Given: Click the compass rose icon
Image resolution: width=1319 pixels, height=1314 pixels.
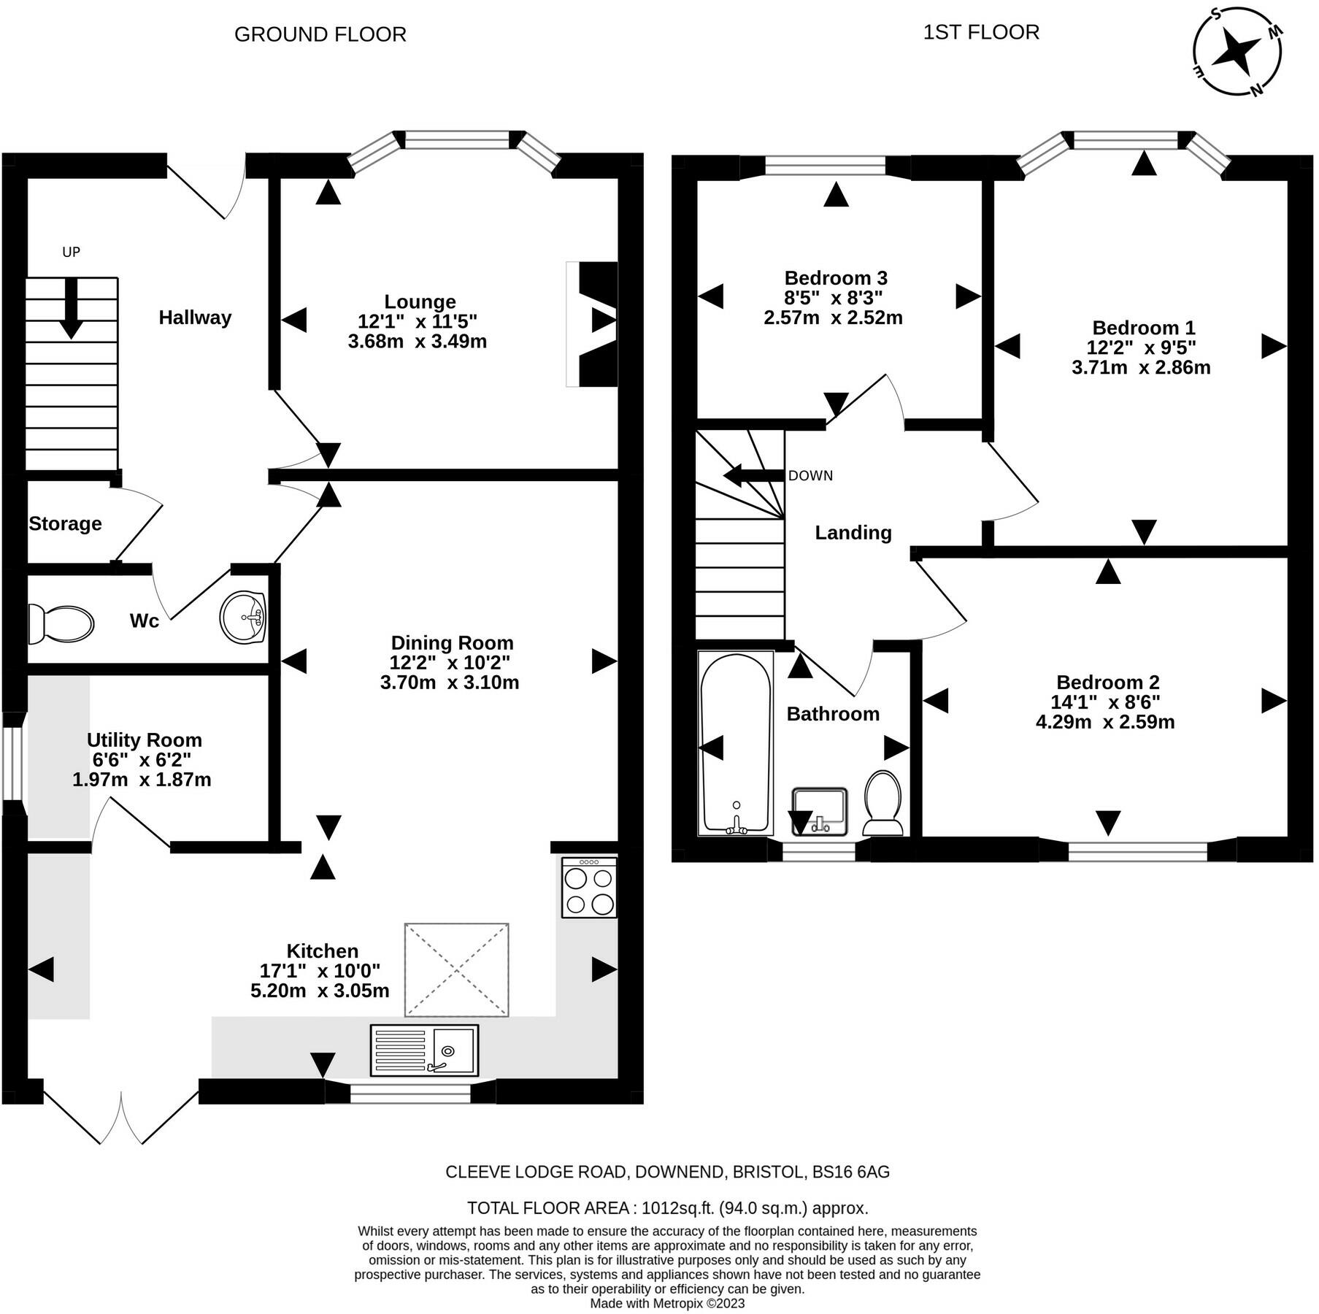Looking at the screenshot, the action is [1237, 52].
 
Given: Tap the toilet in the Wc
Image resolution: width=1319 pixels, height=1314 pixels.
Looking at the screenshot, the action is [61, 624].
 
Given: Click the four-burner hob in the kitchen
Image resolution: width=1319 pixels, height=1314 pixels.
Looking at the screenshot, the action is [589, 887].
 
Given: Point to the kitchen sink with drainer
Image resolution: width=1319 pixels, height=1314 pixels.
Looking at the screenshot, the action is [424, 1050].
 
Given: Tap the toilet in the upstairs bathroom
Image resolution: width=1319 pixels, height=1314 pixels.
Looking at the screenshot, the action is [883, 803].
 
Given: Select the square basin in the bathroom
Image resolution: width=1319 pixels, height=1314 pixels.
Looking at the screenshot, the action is [820, 812].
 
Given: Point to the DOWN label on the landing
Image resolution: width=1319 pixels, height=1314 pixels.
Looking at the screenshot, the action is [810, 475].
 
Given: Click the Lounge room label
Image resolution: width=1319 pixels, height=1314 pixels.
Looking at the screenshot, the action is [420, 301].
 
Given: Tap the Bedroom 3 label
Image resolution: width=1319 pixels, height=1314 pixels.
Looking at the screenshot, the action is [836, 277].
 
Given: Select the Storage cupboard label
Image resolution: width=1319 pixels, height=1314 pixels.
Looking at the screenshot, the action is [65, 523].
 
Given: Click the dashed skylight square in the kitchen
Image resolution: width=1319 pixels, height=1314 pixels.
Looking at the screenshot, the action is [457, 969].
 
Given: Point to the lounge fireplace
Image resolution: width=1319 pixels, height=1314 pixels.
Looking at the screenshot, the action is [592, 324].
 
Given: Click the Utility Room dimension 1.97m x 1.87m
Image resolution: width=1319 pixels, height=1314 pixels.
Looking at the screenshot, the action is [142, 780].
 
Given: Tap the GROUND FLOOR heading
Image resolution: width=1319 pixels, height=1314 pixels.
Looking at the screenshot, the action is [320, 34].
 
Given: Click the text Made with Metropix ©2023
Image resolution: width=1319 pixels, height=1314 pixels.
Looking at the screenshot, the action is [667, 1303].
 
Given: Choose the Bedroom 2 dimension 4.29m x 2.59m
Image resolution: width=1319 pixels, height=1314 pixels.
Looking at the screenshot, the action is [1105, 722].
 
